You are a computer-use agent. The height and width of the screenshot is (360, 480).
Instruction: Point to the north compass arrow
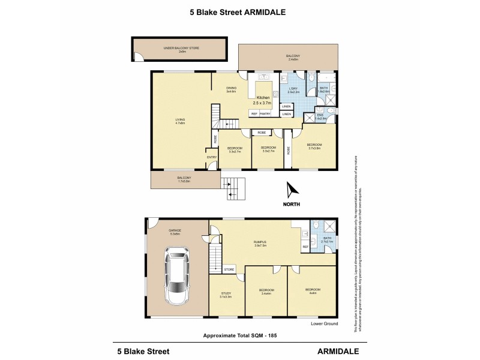(292, 190)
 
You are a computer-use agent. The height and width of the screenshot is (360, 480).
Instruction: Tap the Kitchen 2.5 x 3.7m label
(264, 101)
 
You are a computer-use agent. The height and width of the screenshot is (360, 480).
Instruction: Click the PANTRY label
(265, 113)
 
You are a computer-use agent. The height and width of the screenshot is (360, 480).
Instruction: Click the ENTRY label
(212, 157)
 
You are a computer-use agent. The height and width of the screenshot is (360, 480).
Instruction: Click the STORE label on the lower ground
(229, 270)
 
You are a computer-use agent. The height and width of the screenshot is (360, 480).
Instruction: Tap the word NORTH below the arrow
(292, 204)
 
